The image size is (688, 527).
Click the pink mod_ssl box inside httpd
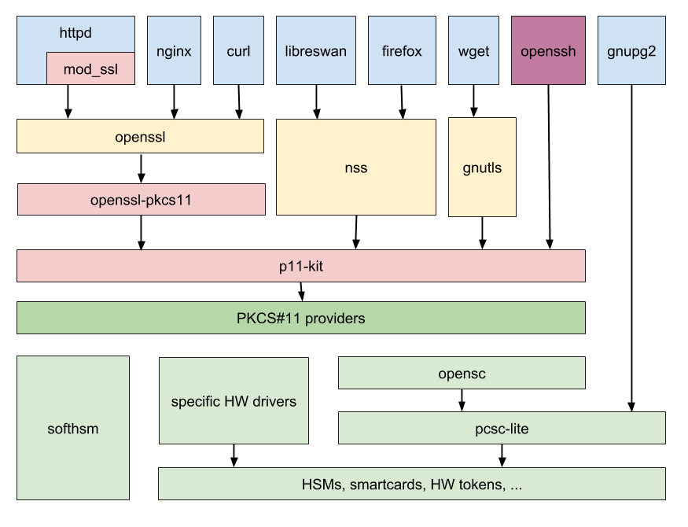(x=90, y=68)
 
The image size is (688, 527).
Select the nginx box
(x=174, y=51)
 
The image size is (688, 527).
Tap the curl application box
(x=238, y=51)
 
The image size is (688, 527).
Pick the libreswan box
(x=316, y=51)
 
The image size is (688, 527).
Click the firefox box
(x=402, y=51)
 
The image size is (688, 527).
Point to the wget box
(x=473, y=51)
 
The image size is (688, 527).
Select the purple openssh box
(x=548, y=51)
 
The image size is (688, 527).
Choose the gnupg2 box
(x=631, y=51)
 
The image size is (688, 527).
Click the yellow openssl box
(x=140, y=137)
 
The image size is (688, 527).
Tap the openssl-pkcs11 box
(x=141, y=200)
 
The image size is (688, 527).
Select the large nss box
(x=355, y=168)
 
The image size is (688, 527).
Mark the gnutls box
(x=482, y=168)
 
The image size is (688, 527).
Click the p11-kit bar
(x=300, y=266)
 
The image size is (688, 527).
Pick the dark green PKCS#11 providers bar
(x=300, y=318)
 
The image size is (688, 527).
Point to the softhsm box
(x=73, y=428)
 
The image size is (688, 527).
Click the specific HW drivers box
(x=234, y=401)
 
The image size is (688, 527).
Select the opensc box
(x=462, y=373)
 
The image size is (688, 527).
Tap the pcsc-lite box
(x=502, y=428)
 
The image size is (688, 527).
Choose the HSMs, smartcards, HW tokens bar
(x=411, y=484)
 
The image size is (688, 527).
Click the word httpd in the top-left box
(x=75, y=33)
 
